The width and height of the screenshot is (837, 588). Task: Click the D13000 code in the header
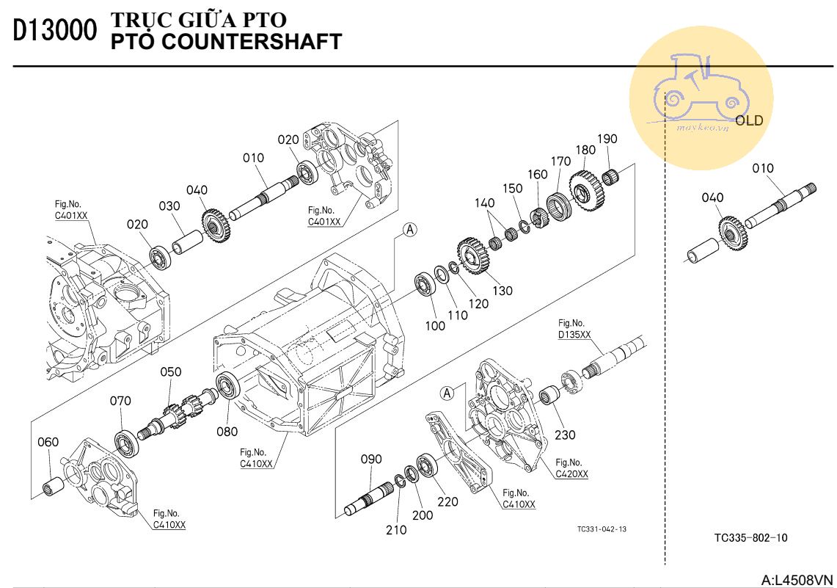click(54, 30)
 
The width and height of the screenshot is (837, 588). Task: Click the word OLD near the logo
click(749, 120)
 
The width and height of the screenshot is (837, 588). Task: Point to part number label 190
click(607, 139)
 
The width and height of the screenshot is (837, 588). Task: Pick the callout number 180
click(585, 150)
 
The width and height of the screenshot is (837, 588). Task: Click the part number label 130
click(502, 291)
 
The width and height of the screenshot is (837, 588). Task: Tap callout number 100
click(435, 325)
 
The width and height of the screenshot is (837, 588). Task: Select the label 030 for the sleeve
click(170, 207)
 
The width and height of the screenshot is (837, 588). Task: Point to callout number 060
click(48, 442)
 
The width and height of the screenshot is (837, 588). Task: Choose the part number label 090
click(371, 459)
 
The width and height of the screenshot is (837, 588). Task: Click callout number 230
click(565, 435)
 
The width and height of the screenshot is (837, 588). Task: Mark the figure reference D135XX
click(574, 334)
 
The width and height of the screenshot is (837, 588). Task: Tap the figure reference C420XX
click(571, 473)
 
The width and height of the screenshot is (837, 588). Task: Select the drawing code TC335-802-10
click(750, 538)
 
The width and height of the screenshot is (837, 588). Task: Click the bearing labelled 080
click(230, 385)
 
